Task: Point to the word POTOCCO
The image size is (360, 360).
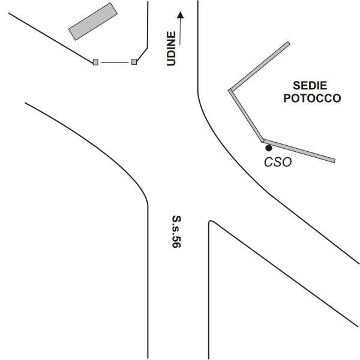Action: (312, 98)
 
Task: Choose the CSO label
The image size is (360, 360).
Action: (278, 162)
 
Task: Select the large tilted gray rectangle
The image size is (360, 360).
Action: (92, 21)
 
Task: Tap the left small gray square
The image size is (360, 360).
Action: (95, 62)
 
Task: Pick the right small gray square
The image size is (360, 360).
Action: (134, 62)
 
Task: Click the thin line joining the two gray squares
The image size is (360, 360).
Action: (115, 62)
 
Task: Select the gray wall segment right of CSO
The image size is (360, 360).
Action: (299, 151)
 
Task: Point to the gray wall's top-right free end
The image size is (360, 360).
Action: (289, 43)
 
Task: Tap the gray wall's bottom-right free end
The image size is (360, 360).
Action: (334, 160)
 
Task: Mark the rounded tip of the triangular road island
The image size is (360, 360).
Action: (211, 223)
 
